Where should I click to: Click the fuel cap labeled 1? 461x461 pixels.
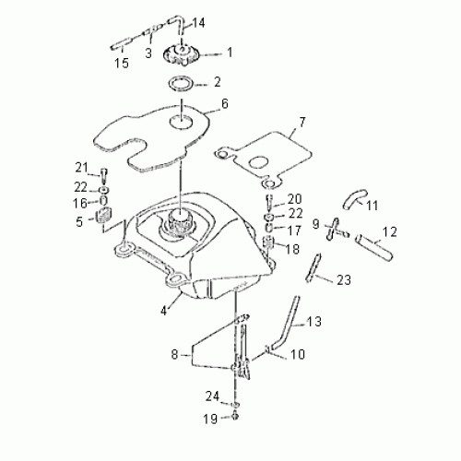pos(182,55)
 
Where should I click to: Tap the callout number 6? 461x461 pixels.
pos(225,104)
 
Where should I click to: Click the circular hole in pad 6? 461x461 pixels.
pos(182,122)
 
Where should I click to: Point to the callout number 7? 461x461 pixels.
pos(302,123)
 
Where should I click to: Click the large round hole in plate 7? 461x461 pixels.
pos(258,162)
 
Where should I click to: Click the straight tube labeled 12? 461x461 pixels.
pos(374,247)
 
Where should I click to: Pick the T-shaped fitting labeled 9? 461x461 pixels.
pos(335,230)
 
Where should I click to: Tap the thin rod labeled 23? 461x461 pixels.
pos(313,267)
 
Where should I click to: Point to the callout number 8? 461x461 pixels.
pos(174,355)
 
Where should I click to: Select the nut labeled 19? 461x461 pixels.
pos(236,416)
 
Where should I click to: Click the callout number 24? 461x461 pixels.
pos(212,396)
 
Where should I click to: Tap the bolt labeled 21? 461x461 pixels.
pos(103,176)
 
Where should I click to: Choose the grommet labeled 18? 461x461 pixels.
pos(268,242)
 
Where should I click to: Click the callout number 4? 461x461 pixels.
pos(163,311)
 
